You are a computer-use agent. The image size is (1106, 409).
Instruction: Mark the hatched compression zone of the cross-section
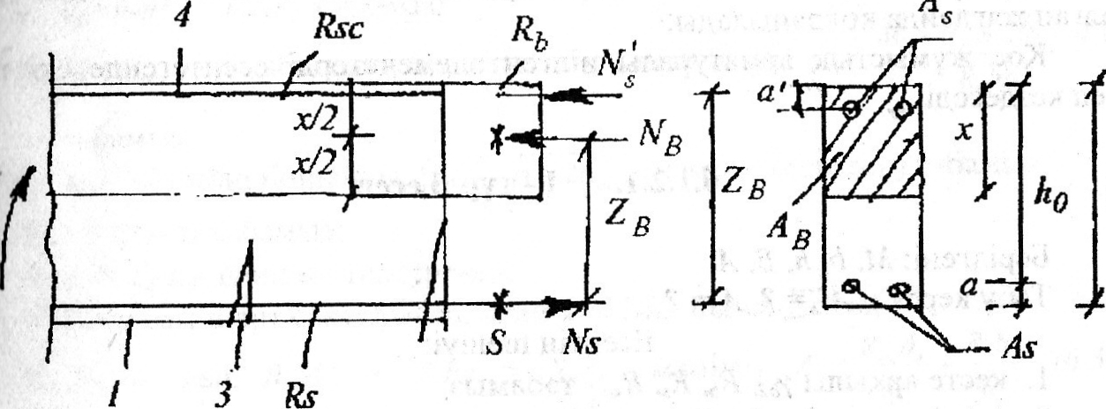point(872,155)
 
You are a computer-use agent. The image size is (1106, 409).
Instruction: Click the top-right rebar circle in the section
point(901,109)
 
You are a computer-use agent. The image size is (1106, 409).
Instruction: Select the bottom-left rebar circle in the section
point(851,285)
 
